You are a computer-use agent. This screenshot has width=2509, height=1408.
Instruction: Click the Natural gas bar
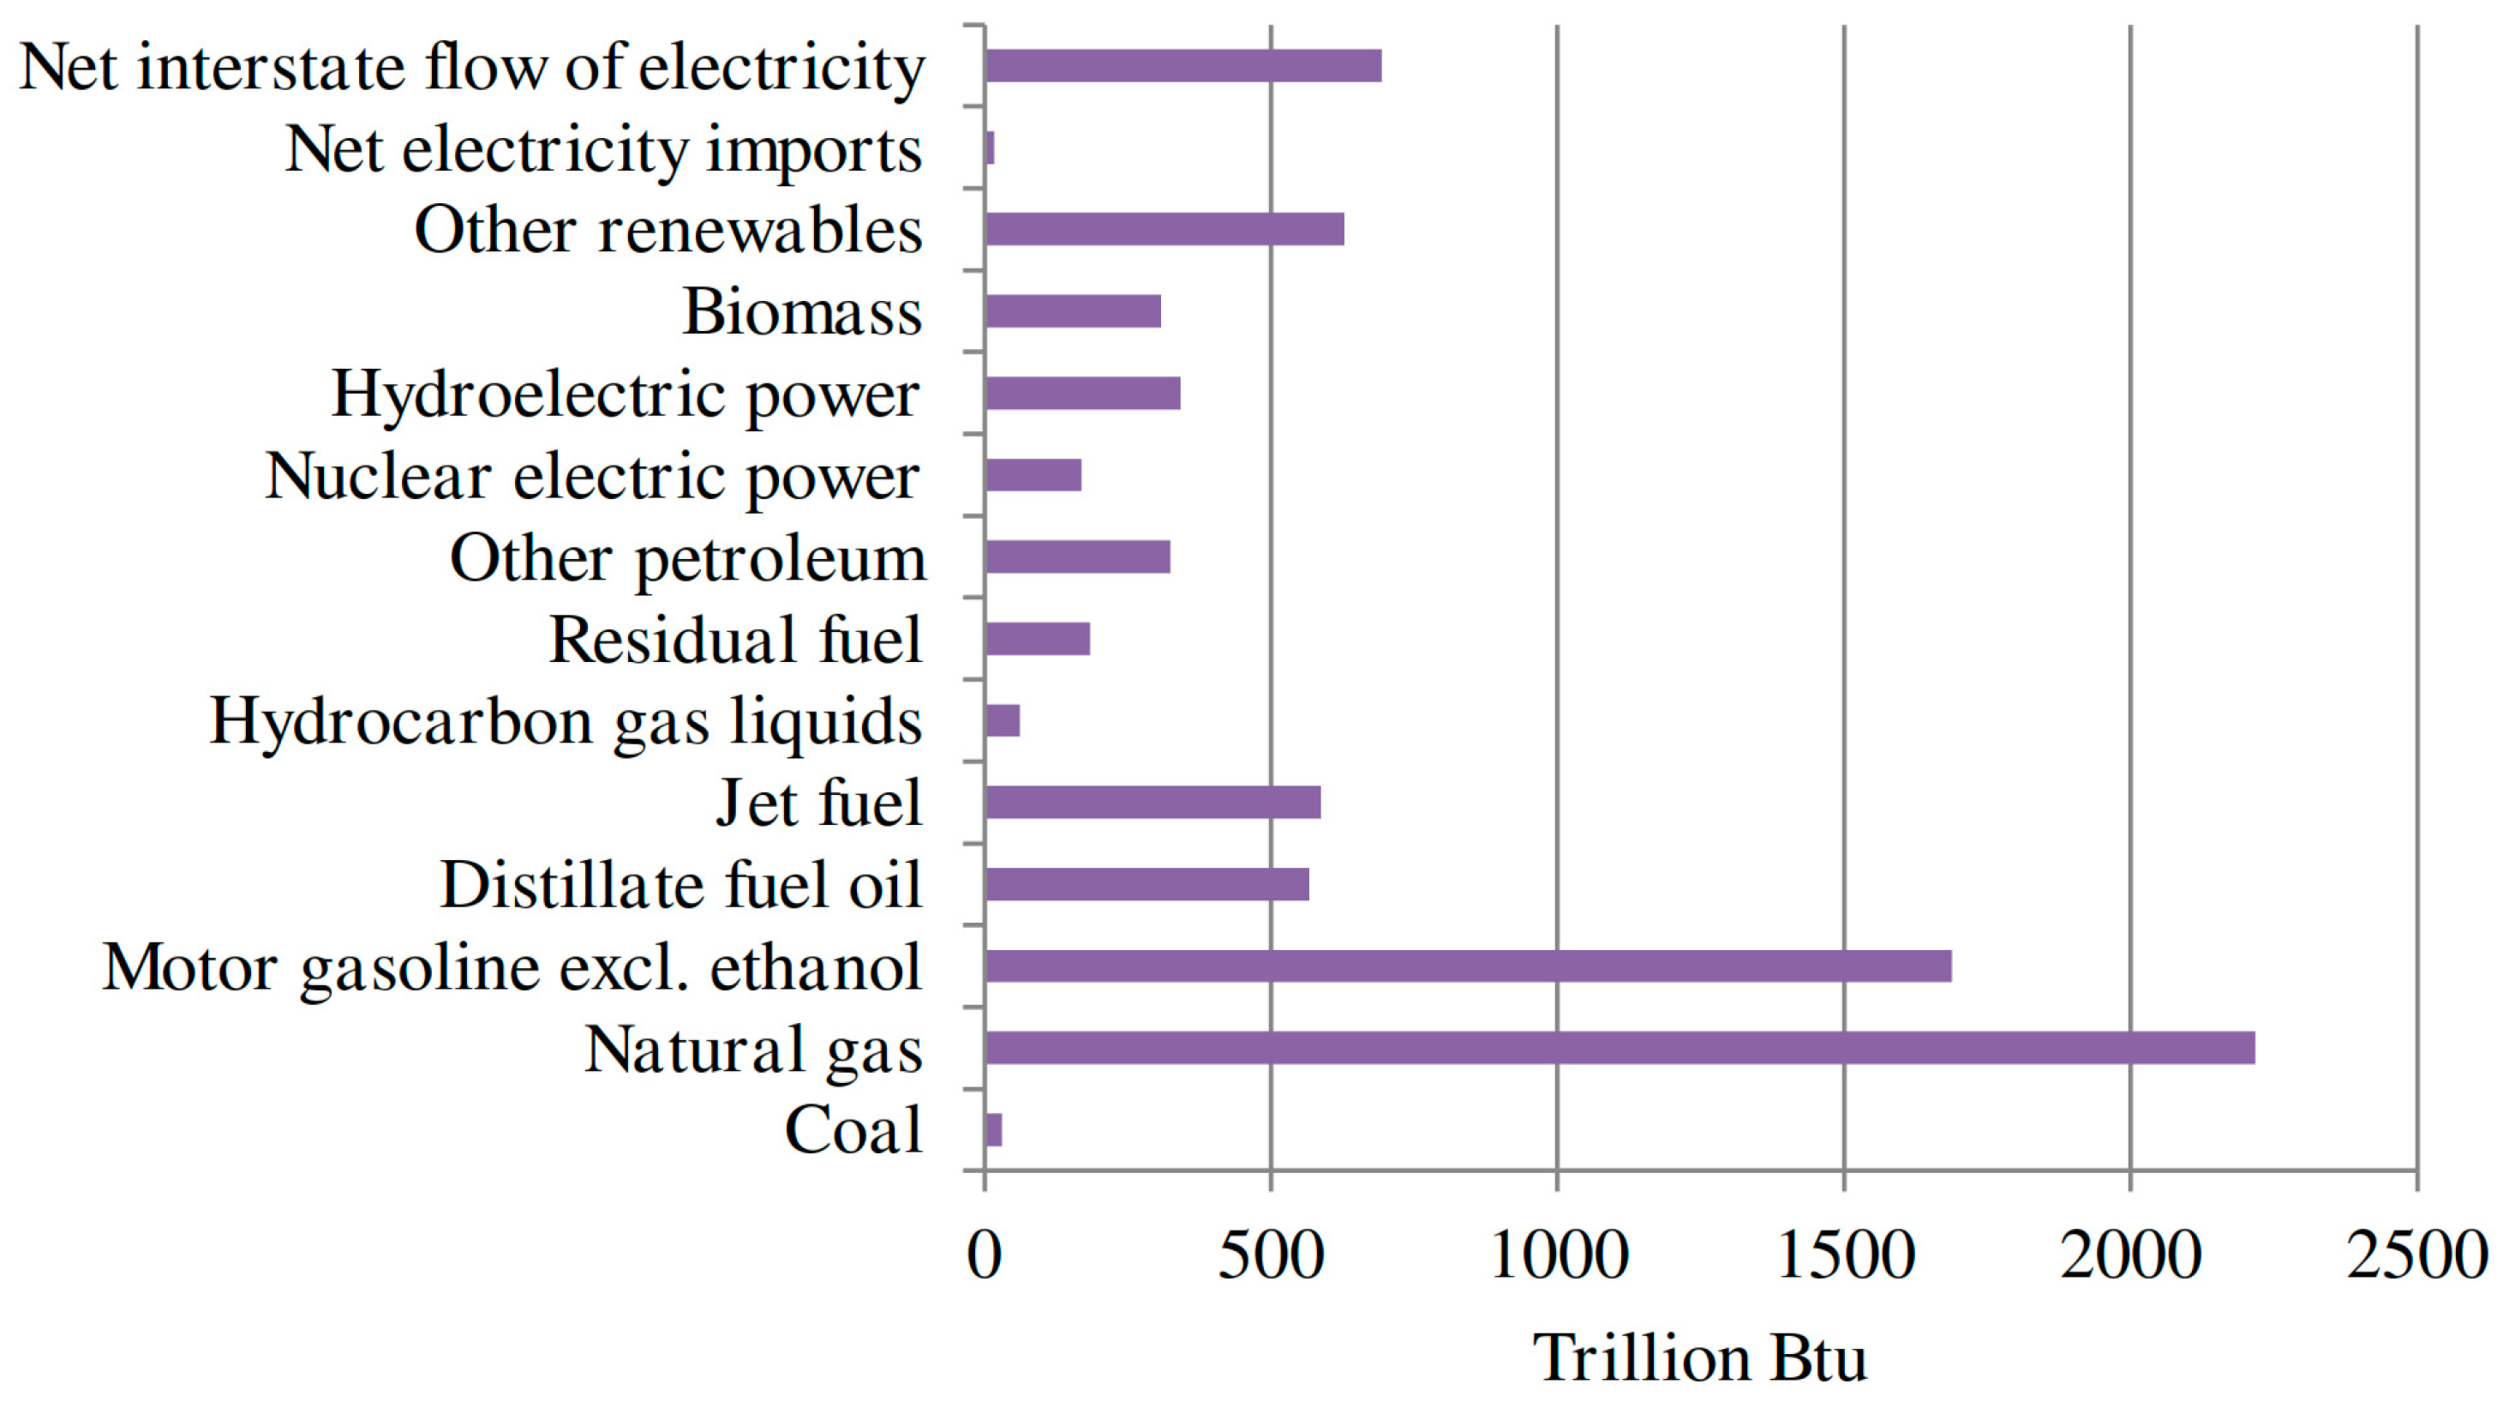coord(1619,1048)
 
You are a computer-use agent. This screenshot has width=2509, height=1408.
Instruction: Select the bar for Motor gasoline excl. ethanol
coord(1468,966)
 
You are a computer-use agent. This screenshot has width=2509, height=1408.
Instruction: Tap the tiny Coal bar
coord(993,1129)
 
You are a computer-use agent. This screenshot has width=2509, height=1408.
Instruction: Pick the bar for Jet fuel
coord(1153,802)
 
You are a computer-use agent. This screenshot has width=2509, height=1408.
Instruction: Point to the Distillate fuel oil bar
coord(1147,884)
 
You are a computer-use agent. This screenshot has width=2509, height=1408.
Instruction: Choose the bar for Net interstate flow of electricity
coord(1183,65)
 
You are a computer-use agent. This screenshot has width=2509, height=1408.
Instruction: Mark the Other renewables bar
coord(1164,229)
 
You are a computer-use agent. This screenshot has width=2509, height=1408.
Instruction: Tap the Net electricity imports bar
coord(990,148)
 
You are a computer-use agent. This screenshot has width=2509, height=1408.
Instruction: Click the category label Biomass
coord(801,313)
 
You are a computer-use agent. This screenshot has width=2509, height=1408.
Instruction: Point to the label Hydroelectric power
coord(626,394)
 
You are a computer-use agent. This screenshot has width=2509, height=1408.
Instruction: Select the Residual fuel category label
coord(735,641)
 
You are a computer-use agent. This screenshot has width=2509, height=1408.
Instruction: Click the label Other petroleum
coord(687,558)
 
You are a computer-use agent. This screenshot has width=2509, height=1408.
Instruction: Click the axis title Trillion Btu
coord(1699,1358)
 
